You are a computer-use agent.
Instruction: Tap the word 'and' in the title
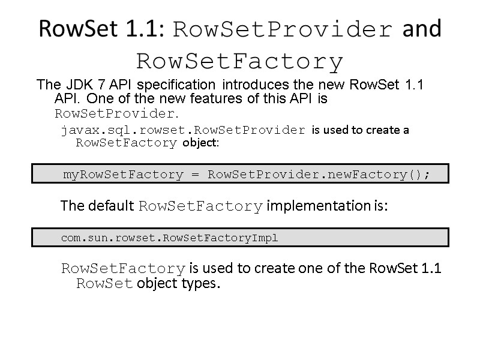[x=422, y=29]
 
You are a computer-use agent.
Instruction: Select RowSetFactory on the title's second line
[x=240, y=61]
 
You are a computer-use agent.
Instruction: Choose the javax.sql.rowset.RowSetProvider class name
[x=183, y=130]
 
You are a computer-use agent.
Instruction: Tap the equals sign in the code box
[x=195, y=175]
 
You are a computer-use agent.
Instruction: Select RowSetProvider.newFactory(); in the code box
[x=319, y=175]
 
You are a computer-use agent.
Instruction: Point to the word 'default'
[x=112, y=206]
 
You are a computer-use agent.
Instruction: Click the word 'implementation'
[x=327, y=206]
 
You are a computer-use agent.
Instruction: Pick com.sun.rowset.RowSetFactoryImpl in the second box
[x=170, y=238]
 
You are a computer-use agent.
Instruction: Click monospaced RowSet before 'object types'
[x=104, y=283]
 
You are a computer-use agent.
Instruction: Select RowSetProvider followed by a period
[x=117, y=113]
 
